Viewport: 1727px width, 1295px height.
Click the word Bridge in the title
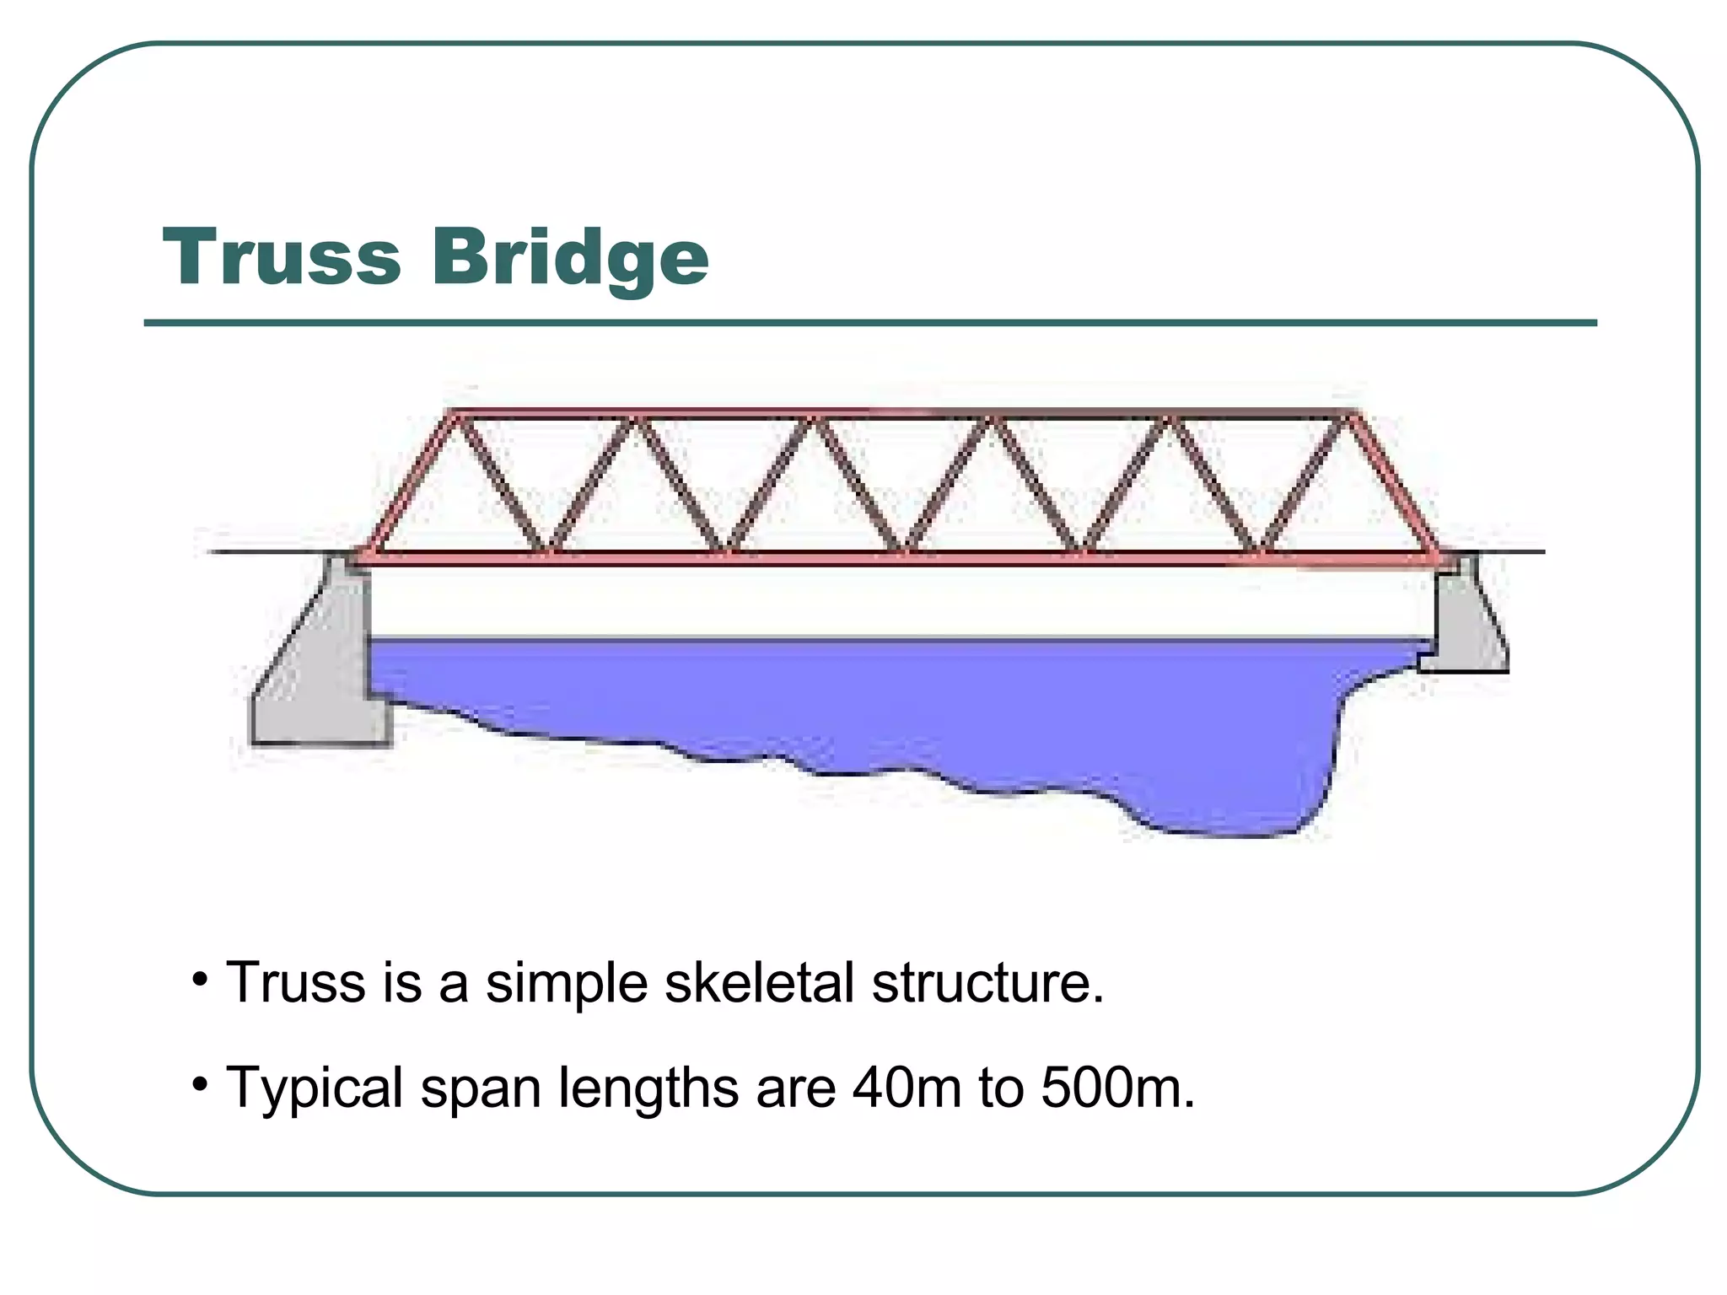point(570,258)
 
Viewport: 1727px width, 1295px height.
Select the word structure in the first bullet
point(987,983)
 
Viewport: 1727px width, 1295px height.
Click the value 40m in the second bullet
point(907,1088)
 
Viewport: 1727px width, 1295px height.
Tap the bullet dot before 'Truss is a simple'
point(200,980)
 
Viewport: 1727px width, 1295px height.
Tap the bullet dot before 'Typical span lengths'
point(200,1083)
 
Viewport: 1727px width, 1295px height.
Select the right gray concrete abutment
point(1467,624)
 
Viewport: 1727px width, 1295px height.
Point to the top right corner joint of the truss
point(1353,414)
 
